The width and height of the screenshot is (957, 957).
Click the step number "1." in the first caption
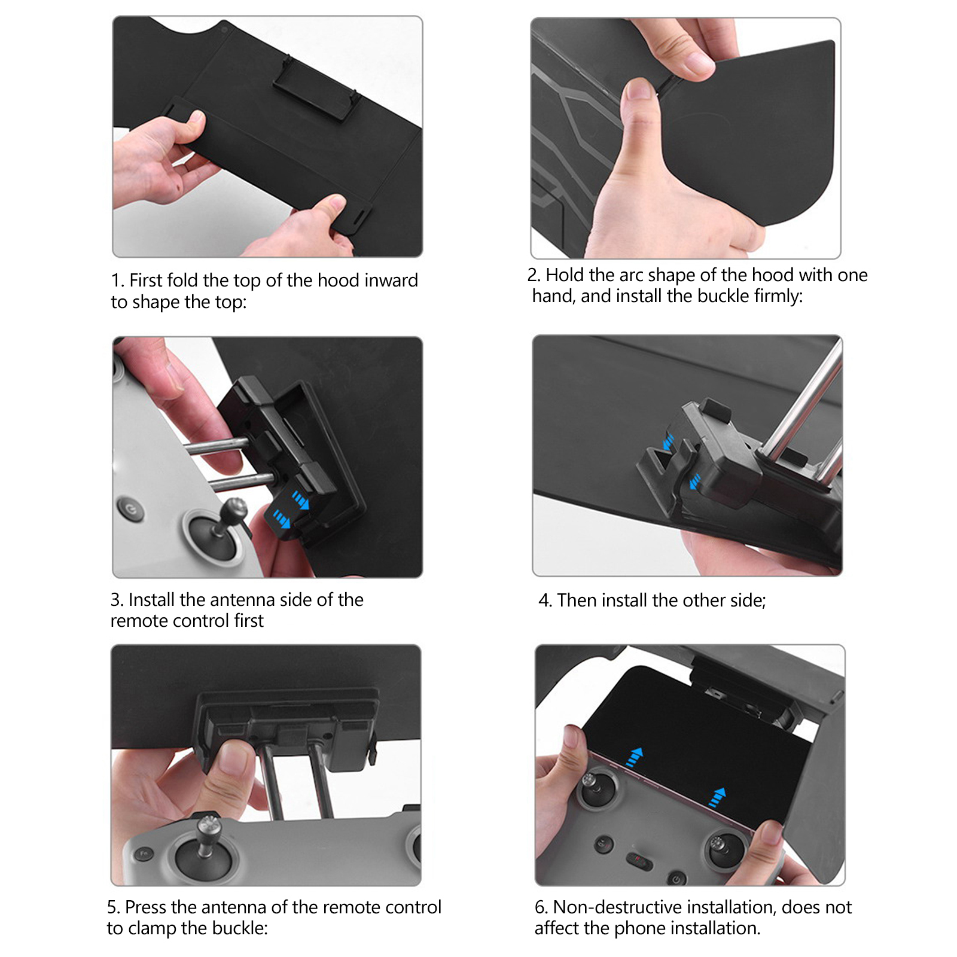[117, 281]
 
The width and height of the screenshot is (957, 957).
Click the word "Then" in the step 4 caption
[577, 601]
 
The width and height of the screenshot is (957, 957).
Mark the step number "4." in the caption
[545, 601]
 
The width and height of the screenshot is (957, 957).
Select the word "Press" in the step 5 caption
[145, 907]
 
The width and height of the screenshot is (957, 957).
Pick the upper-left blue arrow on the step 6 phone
[633, 757]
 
